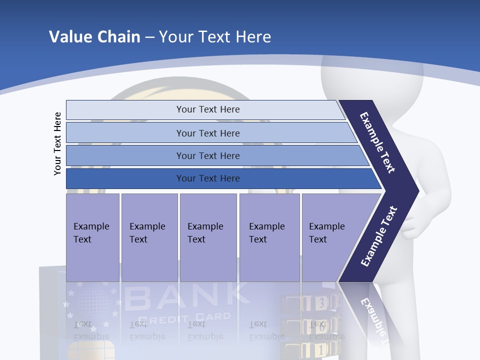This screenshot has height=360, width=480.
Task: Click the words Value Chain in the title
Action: click(94, 37)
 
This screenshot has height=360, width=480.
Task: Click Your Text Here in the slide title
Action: click(215, 37)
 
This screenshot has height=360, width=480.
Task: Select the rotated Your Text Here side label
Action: click(57, 143)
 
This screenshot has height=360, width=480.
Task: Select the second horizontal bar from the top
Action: click(207, 133)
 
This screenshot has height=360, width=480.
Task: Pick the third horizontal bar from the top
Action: click(207, 155)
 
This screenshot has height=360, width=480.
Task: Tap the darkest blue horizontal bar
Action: click(207, 178)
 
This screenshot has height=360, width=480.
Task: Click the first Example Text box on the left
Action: click(92, 237)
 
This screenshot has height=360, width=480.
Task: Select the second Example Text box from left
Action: click(149, 237)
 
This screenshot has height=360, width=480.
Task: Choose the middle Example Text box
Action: click(208, 237)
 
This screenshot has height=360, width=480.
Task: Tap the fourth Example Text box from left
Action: click(269, 237)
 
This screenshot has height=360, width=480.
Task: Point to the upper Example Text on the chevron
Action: click(378, 142)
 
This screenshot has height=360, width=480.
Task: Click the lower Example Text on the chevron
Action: click(379, 236)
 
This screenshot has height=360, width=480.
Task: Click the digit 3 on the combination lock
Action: click(321, 302)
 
